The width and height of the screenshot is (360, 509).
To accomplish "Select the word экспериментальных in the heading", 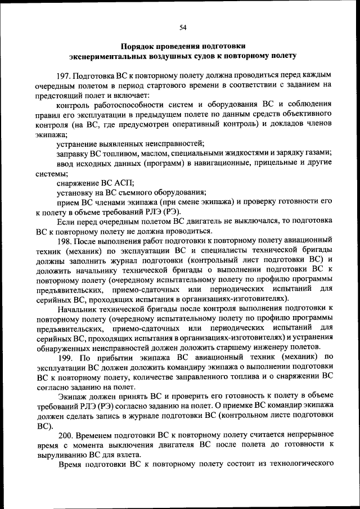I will click(105, 56).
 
